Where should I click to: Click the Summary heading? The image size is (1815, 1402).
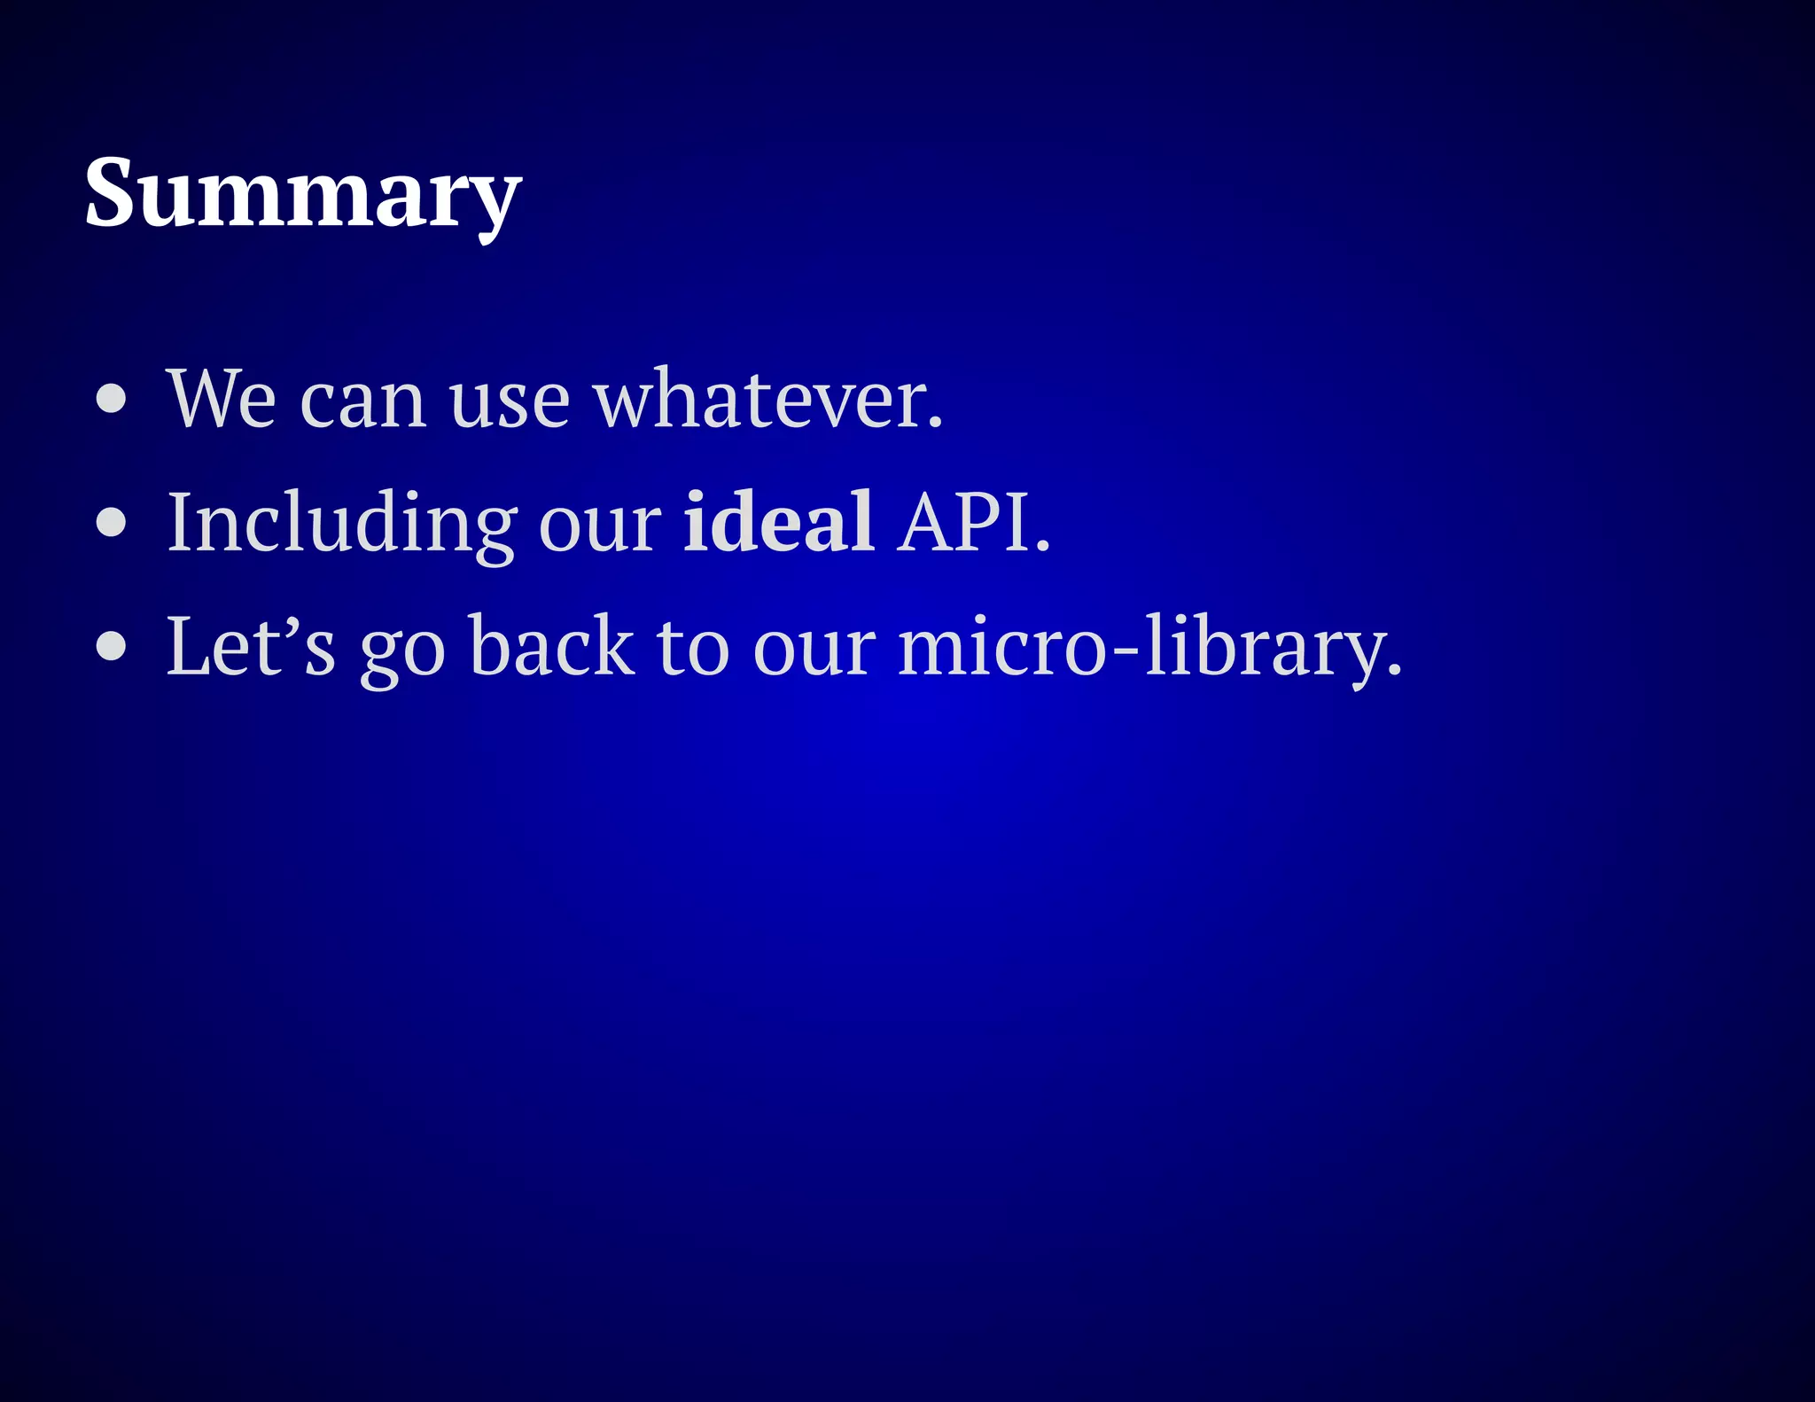tap(302, 193)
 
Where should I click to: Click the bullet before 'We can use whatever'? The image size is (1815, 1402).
tap(112, 400)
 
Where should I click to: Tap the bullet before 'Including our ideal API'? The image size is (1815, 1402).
tap(112, 523)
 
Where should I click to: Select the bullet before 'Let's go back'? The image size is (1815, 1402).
tap(112, 647)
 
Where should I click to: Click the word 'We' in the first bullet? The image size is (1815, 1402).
tap(222, 400)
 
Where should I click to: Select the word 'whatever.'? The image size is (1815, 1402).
tap(767, 400)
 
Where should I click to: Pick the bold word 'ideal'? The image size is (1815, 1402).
tap(779, 522)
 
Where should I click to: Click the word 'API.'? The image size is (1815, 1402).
tap(973, 523)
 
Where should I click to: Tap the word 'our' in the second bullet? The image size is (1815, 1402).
tap(599, 528)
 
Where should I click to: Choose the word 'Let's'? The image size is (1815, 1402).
tap(251, 647)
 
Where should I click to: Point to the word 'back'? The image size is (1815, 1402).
tap(551, 647)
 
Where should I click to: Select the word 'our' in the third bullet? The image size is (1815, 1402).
tap(814, 652)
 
